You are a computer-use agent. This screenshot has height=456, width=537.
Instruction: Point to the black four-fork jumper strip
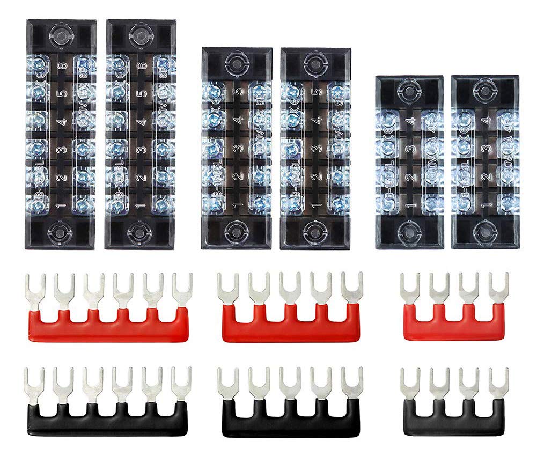click(454, 418)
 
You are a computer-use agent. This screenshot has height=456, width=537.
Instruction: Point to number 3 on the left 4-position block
click(409, 149)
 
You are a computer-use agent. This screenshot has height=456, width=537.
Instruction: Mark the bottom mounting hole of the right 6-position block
click(138, 232)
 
